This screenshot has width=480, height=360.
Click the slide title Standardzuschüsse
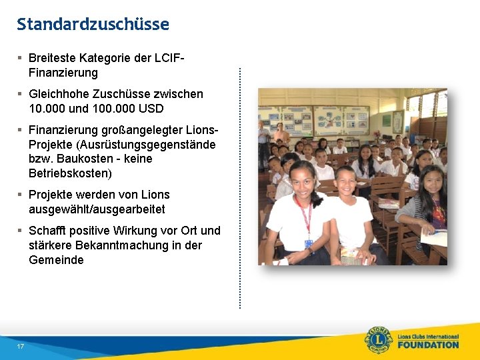[x=93, y=25]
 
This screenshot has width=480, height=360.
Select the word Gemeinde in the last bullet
[x=56, y=260]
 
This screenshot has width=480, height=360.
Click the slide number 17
[x=21, y=347]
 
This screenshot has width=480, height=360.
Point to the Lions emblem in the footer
[x=378, y=340]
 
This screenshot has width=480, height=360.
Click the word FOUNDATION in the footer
[x=428, y=345]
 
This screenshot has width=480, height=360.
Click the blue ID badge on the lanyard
[x=309, y=244]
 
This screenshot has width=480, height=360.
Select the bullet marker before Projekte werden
[x=21, y=195]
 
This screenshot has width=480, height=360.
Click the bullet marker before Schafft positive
[x=21, y=231]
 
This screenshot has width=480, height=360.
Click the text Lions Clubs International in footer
[x=428, y=336]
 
